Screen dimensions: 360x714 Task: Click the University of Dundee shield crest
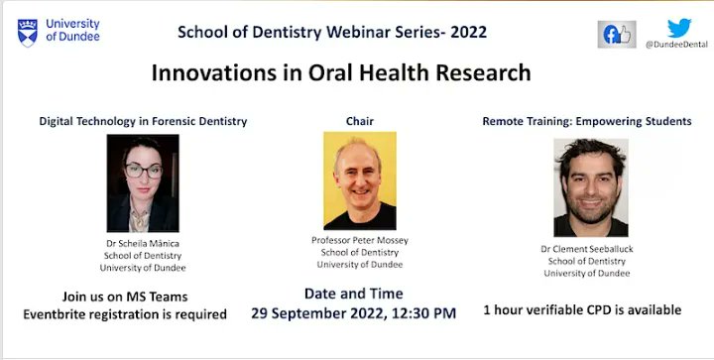click(x=28, y=31)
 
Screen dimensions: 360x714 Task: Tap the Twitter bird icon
click(x=678, y=28)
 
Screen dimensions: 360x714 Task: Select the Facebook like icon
click(x=616, y=34)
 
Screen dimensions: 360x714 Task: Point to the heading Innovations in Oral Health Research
click(x=340, y=72)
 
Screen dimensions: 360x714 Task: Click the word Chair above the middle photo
click(x=359, y=121)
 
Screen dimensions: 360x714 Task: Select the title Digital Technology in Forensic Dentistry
click(x=143, y=121)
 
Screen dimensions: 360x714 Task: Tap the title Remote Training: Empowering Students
click(x=587, y=121)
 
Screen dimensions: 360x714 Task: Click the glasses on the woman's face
click(x=142, y=171)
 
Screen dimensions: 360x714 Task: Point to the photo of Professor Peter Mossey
click(x=359, y=180)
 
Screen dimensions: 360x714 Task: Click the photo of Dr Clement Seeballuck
click(x=591, y=186)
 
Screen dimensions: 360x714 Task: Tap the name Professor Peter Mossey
click(x=359, y=241)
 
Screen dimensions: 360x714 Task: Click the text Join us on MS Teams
click(x=125, y=297)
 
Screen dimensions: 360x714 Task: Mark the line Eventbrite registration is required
click(x=125, y=314)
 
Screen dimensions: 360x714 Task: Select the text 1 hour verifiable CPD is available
click(x=582, y=309)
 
